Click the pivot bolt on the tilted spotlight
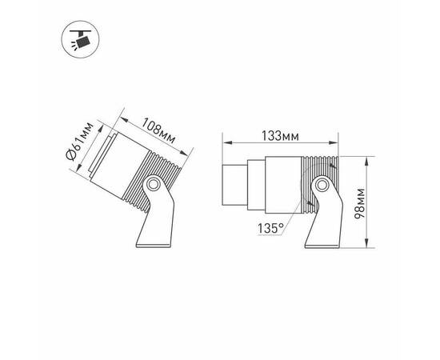point(150,186)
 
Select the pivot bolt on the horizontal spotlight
point(322,186)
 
